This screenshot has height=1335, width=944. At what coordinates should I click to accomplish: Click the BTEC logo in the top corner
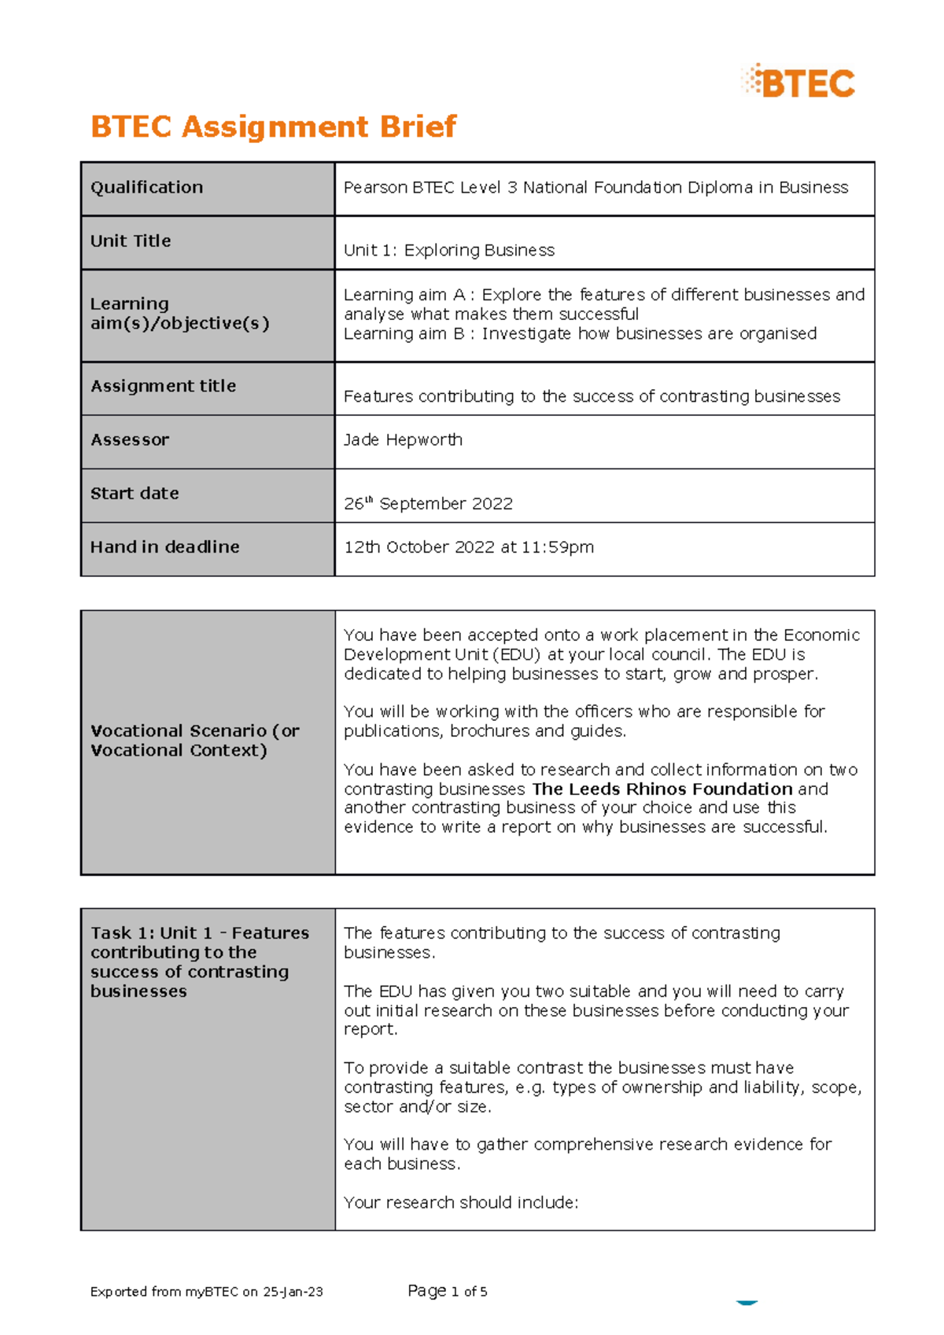click(x=798, y=83)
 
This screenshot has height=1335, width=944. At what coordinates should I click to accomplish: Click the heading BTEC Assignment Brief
click(x=273, y=127)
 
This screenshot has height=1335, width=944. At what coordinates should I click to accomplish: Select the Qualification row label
click(x=146, y=187)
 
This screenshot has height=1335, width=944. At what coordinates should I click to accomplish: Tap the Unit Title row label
click(x=131, y=241)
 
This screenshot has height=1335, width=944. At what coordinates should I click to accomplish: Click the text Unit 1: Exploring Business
click(x=448, y=250)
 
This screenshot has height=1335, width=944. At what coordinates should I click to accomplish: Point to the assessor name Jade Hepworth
click(x=403, y=439)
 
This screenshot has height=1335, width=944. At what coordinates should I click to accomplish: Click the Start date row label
click(x=135, y=494)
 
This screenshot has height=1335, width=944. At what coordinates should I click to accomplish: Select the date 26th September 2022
click(x=428, y=503)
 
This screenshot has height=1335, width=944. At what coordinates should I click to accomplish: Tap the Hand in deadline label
click(x=164, y=547)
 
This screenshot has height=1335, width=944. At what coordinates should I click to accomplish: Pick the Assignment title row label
click(x=163, y=386)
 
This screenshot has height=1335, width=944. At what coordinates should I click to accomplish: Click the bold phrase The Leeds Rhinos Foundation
click(x=662, y=789)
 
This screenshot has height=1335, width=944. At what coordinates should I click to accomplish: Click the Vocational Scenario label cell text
click(x=194, y=740)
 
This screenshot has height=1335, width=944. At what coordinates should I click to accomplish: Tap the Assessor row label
click(x=130, y=440)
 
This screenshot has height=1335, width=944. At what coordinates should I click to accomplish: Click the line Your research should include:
click(x=461, y=1202)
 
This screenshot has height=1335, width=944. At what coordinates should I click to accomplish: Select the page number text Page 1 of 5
click(x=447, y=1291)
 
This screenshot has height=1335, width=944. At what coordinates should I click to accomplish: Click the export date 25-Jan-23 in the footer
click(x=293, y=1292)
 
